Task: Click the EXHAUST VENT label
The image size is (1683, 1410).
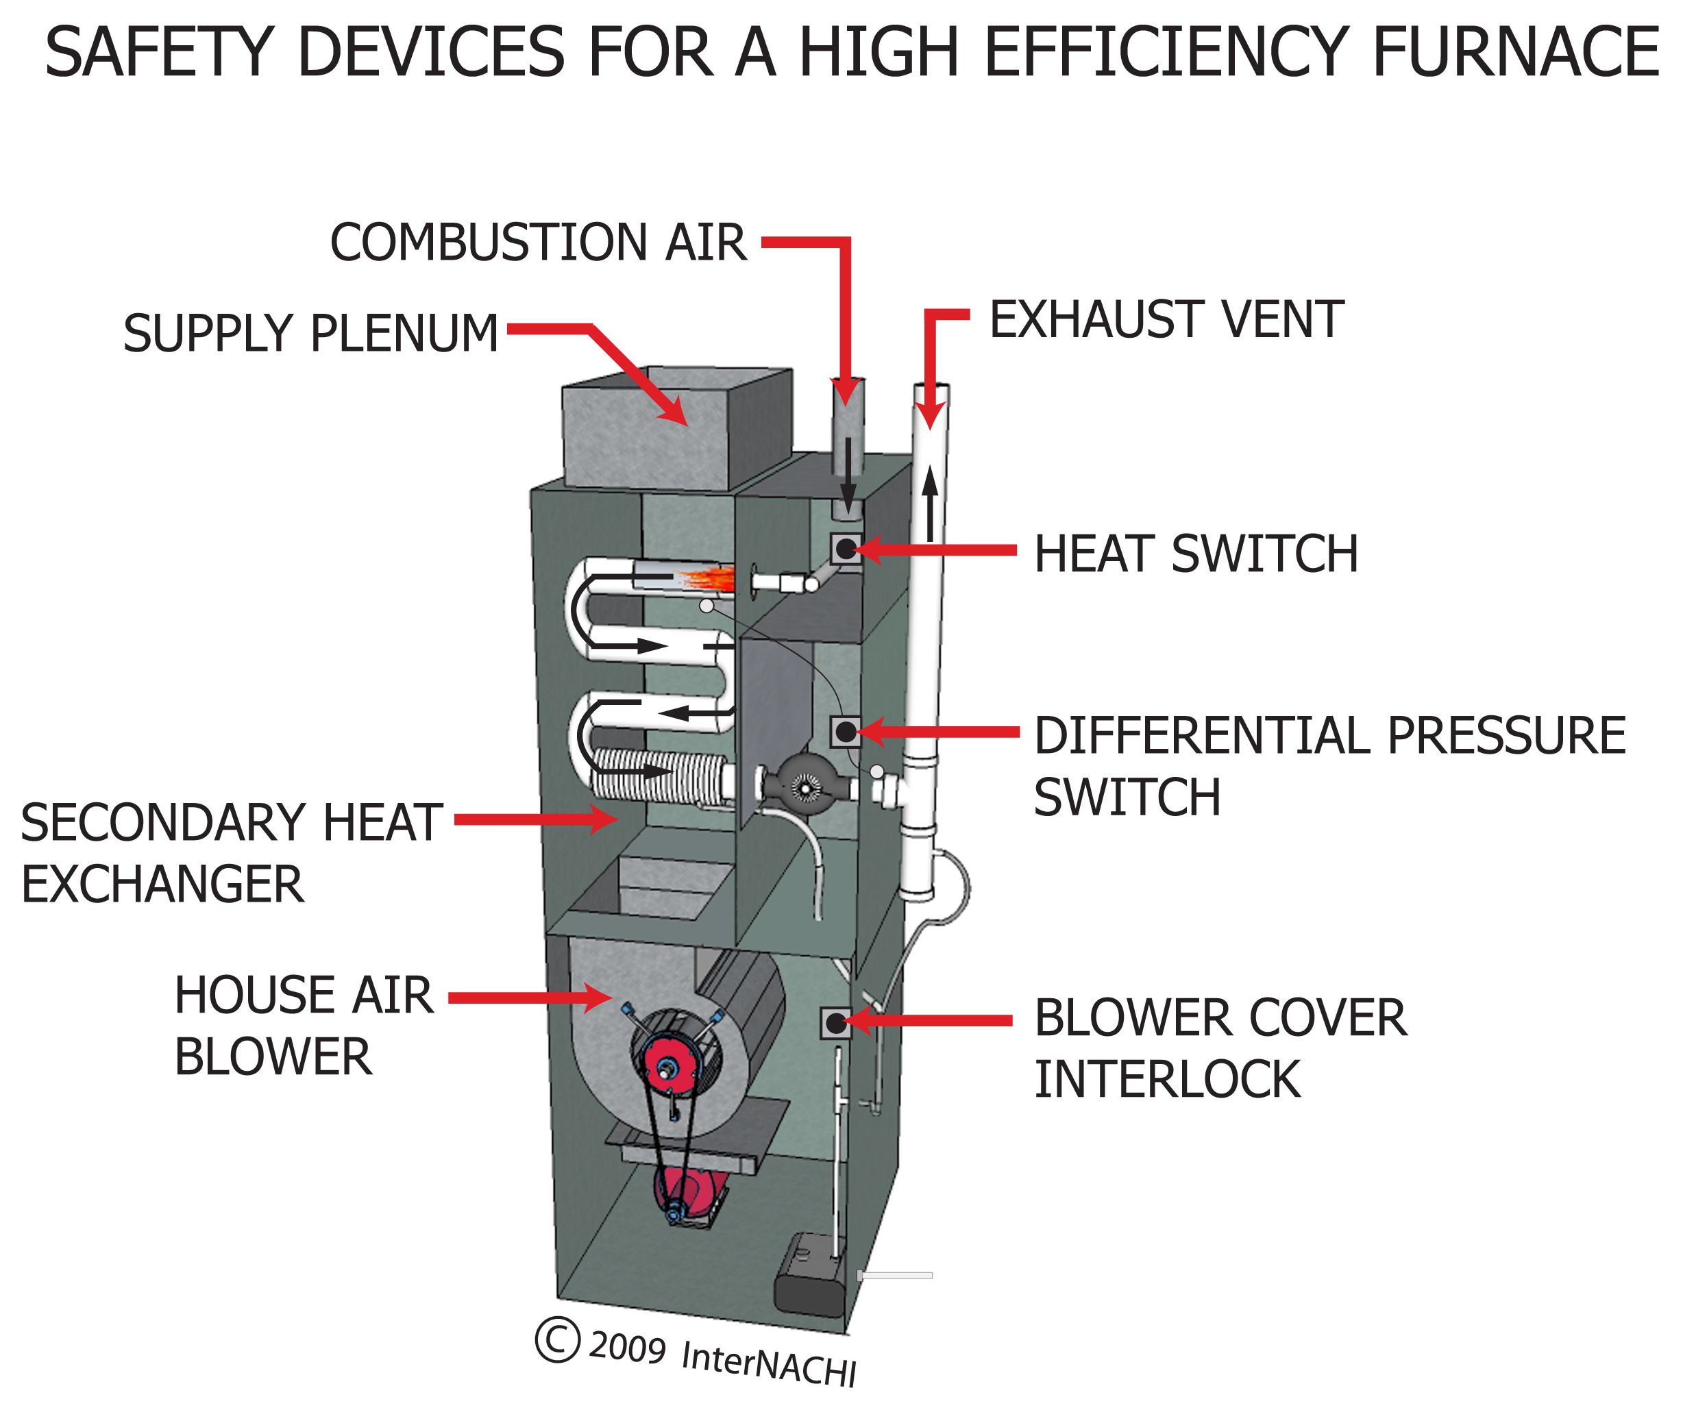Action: (x=1166, y=320)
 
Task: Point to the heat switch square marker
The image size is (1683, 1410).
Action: (x=846, y=549)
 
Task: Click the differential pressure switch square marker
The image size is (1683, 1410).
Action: (x=846, y=732)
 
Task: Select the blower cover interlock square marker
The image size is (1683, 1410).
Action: (x=836, y=1023)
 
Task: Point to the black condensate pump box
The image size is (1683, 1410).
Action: (x=809, y=1274)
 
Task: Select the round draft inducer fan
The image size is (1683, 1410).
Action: (x=802, y=786)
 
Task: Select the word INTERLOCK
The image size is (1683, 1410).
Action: (x=1167, y=1079)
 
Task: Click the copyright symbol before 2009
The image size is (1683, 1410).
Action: (x=557, y=1339)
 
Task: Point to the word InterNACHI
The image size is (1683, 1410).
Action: (x=767, y=1362)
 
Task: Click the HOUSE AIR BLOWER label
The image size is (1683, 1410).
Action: (x=303, y=1026)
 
